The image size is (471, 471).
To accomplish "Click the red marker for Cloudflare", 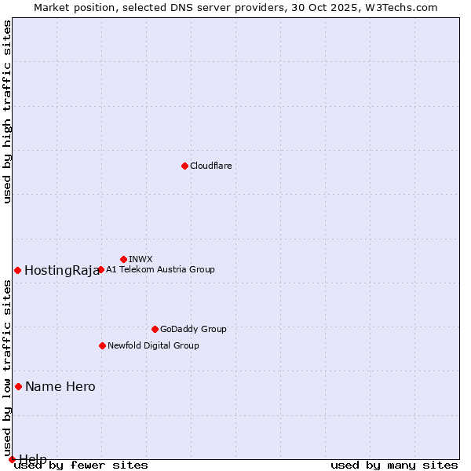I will point(184,166).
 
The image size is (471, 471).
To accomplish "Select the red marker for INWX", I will point(123,259).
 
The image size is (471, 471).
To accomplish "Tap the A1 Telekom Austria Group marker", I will point(100,269).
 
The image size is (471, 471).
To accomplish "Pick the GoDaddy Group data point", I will point(155,329).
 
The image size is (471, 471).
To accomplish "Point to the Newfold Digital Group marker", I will point(102,345).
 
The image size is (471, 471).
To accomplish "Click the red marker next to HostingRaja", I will point(17,270).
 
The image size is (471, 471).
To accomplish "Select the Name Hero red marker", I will point(18,386).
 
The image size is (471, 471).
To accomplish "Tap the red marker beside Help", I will point(12,459).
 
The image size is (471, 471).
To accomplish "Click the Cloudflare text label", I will point(210,166).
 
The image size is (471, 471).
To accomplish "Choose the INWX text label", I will point(141,259).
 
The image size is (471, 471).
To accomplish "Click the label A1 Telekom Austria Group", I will point(160,269).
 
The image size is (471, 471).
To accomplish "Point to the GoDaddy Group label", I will point(193,329).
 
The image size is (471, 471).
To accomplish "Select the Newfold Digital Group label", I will point(153,345).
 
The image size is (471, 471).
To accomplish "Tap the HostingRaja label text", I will point(61,271).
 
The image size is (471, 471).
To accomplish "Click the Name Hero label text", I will point(60,387).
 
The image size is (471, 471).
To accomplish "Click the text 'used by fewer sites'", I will point(82,466).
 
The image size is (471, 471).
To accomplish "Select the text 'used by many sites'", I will point(394,466).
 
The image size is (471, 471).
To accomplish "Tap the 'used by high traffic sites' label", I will point(8,111).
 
